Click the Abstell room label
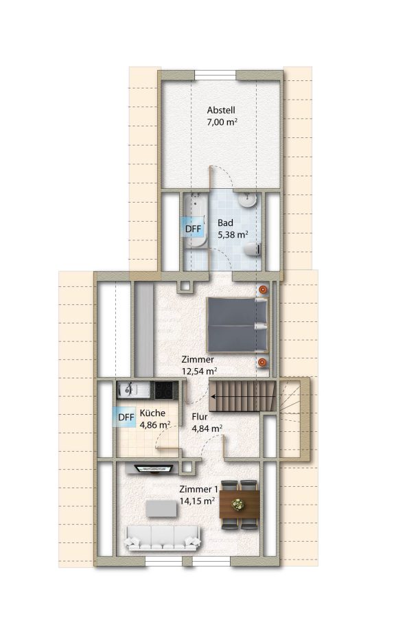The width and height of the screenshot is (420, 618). (x=221, y=110)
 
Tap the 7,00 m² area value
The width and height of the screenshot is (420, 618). (x=222, y=122)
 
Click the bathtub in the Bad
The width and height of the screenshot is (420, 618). (x=196, y=220)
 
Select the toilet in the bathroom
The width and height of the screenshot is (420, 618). (x=253, y=249)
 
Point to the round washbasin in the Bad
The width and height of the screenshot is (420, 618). (x=248, y=201)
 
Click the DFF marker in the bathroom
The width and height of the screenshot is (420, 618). (x=193, y=229)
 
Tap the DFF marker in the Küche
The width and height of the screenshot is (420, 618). (x=126, y=417)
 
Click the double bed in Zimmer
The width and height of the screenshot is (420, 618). (x=237, y=325)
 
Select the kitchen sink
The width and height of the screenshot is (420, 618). (x=133, y=390)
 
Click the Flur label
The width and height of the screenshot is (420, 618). (x=200, y=417)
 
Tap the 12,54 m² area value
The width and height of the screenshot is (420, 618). (x=200, y=371)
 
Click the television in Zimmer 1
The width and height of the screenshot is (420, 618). (x=154, y=468)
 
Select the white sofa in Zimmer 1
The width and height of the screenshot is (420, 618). (x=163, y=538)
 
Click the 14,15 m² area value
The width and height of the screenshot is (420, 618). (x=197, y=501)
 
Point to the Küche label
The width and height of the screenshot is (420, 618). (x=152, y=413)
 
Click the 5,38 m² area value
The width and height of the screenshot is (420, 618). (x=233, y=235)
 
